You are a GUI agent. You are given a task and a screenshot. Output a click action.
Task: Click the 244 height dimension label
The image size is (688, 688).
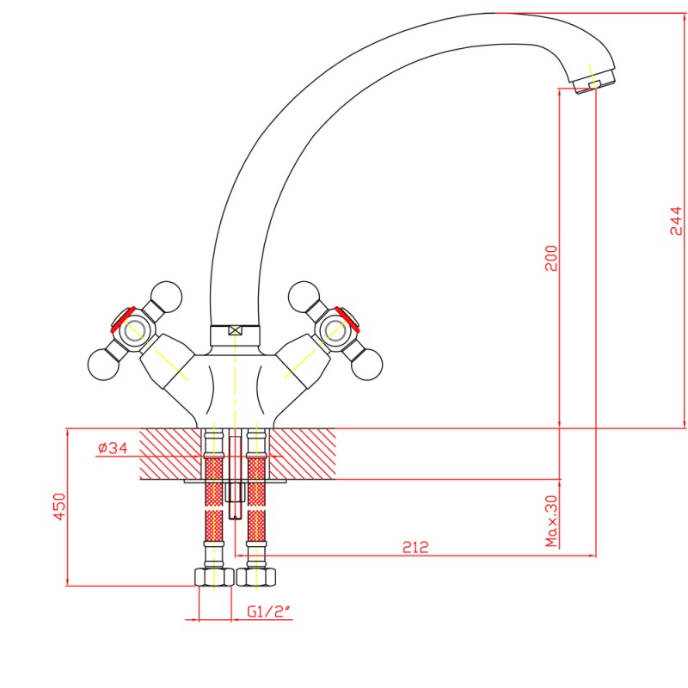click(x=676, y=221)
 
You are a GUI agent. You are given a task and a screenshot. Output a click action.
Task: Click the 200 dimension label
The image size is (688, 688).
click(x=551, y=258)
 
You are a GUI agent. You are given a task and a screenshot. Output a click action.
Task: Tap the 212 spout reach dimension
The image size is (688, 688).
click(x=415, y=547)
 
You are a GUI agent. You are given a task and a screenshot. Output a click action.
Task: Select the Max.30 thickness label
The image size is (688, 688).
click(x=551, y=521)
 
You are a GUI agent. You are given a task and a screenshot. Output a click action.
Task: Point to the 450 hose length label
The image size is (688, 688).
click(x=59, y=507)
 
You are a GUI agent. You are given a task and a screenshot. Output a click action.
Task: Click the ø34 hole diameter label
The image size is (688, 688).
click(x=113, y=448)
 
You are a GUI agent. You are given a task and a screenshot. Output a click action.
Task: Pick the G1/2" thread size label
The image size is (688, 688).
click(x=269, y=611)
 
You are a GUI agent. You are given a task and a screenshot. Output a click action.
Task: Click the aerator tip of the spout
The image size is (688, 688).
click(x=593, y=83)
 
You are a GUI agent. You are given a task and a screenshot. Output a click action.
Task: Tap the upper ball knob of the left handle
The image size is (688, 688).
click(x=166, y=296)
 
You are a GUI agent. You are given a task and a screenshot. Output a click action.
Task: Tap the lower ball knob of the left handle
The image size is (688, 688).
click(x=103, y=365)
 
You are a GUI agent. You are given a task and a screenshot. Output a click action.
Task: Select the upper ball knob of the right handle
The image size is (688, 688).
click(x=304, y=296)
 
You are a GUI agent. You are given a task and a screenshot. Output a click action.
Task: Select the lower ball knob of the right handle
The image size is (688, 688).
click(x=366, y=365)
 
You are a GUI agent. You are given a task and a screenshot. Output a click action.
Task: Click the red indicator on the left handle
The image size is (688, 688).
click(x=122, y=319)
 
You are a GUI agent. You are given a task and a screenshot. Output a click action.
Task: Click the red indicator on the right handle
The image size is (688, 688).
click(x=347, y=319)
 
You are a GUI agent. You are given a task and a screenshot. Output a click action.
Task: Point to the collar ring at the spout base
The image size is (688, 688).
click(x=235, y=336)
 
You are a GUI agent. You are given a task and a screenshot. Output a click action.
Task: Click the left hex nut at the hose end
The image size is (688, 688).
click(x=214, y=576)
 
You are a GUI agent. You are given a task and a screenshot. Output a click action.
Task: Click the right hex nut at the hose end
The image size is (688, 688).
click(x=256, y=576)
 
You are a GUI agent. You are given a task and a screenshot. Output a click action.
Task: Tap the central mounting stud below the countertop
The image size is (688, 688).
click(x=236, y=477)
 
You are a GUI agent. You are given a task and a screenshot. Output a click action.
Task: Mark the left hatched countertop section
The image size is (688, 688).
click(x=170, y=454)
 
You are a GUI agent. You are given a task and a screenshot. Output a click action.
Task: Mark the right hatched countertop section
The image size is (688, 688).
click(x=303, y=454)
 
